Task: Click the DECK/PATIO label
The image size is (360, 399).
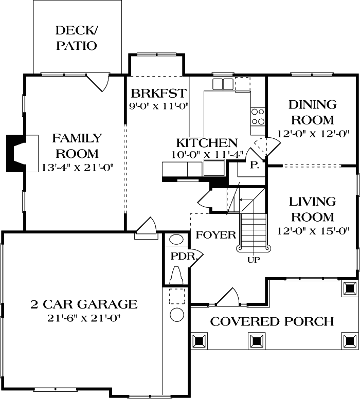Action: click(77, 38)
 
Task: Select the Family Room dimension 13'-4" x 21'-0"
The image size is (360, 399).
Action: click(77, 167)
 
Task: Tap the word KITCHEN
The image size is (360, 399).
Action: click(207, 143)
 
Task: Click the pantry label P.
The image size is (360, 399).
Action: click(254, 165)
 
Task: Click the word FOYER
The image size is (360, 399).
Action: click(215, 235)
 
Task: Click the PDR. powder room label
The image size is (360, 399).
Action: click(182, 256)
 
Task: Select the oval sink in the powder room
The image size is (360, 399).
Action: click(176, 240)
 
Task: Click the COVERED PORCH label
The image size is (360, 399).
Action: click(272, 322)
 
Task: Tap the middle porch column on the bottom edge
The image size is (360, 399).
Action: click(256, 340)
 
